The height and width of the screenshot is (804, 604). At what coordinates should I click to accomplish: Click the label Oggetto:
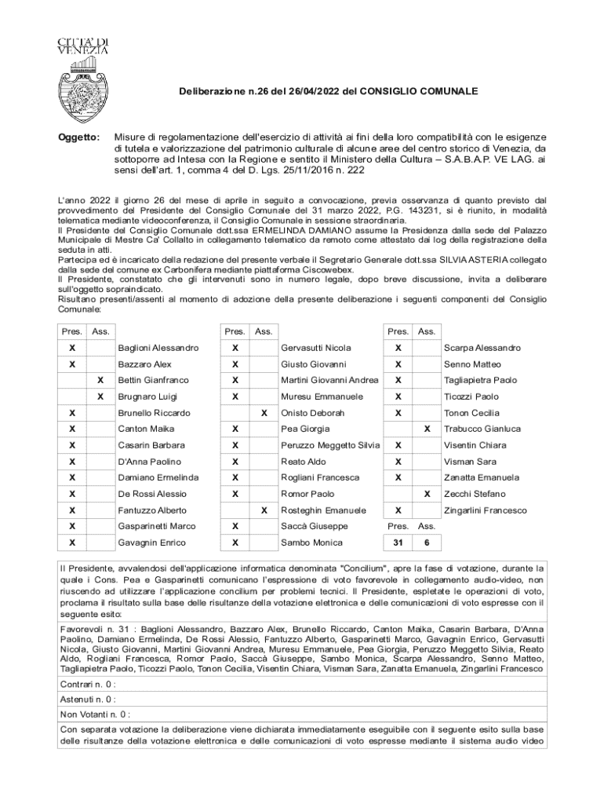click(x=80, y=137)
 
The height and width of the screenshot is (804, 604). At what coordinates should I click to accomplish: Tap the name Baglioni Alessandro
click(x=158, y=348)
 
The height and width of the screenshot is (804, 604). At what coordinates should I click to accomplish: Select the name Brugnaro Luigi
click(x=147, y=397)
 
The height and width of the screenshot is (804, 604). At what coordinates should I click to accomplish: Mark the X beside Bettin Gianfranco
click(x=100, y=380)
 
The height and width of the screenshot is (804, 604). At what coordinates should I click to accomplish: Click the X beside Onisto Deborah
click(x=264, y=413)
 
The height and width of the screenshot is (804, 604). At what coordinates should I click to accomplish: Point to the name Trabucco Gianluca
click(x=481, y=429)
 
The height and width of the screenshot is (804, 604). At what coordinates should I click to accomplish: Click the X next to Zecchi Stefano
click(x=427, y=494)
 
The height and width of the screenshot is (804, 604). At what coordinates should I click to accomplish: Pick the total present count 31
click(x=398, y=543)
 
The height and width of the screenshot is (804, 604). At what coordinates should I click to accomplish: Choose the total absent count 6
click(x=427, y=543)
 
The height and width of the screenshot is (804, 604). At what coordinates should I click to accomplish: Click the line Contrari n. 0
click(x=88, y=684)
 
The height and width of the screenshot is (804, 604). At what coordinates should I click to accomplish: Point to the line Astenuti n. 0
click(x=88, y=699)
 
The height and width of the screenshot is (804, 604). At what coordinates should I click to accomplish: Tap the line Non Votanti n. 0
click(x=95, y=714)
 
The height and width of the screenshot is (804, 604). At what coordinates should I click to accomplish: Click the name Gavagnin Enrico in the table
click(x=151, y=543)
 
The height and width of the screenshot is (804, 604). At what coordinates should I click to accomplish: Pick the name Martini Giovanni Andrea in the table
click(x=329, y=380)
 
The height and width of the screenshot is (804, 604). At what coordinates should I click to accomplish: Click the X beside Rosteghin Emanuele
click(x=264, y=510)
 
